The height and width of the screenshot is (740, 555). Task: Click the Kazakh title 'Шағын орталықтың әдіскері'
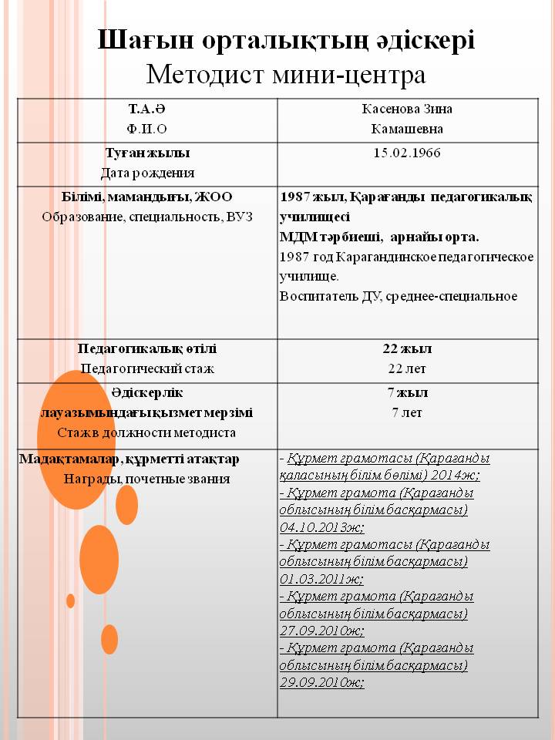click(x=286, y=40)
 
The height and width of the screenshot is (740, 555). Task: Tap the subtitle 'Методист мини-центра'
click(x=286, y=75)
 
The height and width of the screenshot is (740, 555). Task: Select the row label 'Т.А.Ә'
click(x=147, y=109)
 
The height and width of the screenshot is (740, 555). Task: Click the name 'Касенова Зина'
click(x=407, y=109)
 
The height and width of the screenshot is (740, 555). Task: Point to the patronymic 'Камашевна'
click(x=407, y=129)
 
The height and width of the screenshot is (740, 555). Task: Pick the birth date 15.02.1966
click(x=407, y=153)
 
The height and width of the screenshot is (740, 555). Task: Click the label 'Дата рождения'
click(x=147, y=173)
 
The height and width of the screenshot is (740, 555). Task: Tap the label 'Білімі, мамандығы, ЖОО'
click(x=147, y=197)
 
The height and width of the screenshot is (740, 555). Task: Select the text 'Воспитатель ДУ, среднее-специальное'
click(x=399, y=296)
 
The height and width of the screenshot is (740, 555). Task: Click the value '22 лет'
click(x=407, y=368)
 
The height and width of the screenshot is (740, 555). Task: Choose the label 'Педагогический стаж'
click(x=147, y=368)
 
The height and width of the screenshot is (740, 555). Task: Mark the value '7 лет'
click(x=407, y=412)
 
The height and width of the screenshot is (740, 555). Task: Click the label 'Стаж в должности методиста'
click(x=147, y=432)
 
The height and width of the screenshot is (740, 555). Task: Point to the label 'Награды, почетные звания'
click(x=147, y=479)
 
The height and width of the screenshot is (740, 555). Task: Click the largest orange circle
click(x=76, y=439)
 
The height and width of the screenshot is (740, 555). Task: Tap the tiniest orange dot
click(x=70, y=600)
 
